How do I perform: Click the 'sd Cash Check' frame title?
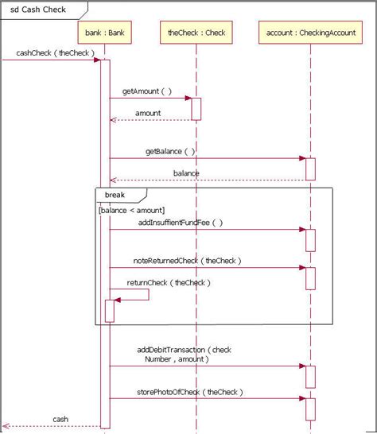point(37,10)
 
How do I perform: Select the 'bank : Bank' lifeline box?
point(104,33)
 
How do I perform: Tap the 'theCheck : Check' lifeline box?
point(196,33)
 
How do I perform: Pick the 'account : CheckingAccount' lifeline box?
point(309,33)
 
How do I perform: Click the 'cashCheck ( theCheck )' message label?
point(55,53)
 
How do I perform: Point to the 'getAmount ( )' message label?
point(146,91)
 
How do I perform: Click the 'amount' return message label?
point(147,113)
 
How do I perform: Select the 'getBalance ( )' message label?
point(169,151)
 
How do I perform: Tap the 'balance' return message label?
point(186,172)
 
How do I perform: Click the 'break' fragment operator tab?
point(115,194)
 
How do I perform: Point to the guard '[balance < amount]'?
point(131,210)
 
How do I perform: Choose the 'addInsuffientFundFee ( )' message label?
point(180,223)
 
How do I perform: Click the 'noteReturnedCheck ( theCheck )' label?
point(187,260)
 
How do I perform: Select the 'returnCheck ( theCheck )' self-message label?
point(168,282)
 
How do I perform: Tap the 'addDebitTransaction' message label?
point(184,354)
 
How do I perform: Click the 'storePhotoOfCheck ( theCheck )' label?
point(189,392)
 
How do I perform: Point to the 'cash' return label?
point(60,419)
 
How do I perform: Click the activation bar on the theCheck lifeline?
point(196,109)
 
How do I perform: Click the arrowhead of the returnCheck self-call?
point(118,300)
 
